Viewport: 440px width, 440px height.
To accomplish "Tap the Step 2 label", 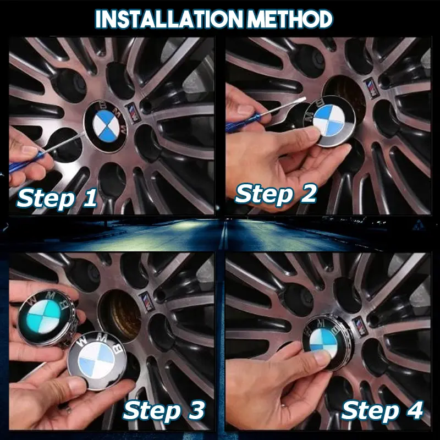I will pyautogui.click(x=276, y=194).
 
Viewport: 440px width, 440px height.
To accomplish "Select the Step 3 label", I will pyautogui.click(x=164, y=410).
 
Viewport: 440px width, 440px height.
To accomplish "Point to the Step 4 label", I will pyautogui.click(x=382, y=410).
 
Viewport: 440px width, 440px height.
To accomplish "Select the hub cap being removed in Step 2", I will pyautogui.click(x=330, y=122).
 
